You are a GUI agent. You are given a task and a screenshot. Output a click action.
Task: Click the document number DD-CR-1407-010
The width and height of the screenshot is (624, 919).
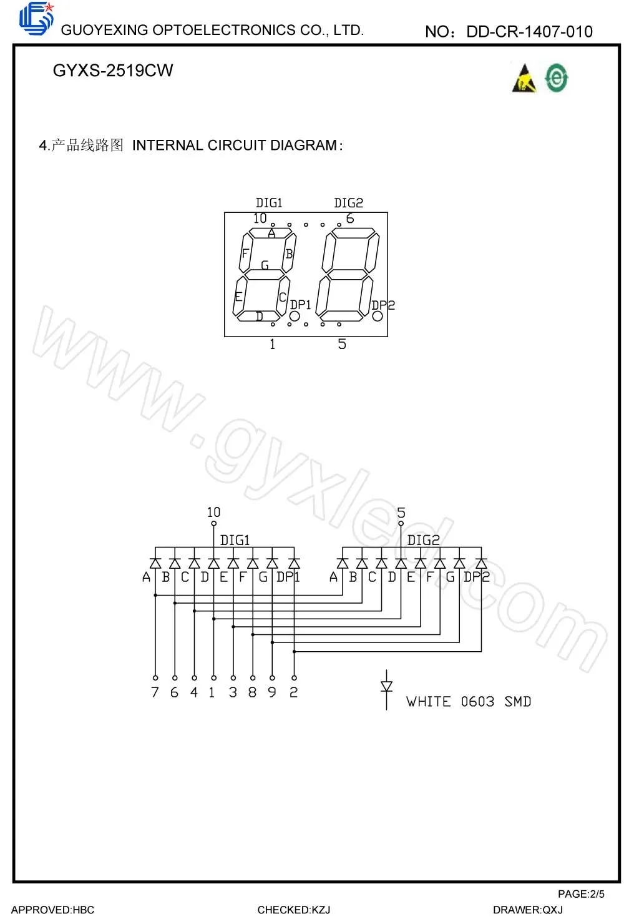[529, 31]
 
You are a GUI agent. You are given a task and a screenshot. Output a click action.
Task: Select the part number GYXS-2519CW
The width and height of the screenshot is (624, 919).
[113, 71]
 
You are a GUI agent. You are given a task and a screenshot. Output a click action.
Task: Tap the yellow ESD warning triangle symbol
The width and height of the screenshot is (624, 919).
[524, 79]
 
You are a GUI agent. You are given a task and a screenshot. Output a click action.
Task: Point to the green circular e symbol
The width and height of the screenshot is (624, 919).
[556, 78]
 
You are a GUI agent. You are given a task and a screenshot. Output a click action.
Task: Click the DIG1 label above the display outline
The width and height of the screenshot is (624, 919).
[269, 203]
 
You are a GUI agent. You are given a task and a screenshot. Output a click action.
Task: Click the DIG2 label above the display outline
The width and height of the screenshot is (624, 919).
[348, 203]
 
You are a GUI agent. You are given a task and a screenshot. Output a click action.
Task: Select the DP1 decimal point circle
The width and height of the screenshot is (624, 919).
[295, 316]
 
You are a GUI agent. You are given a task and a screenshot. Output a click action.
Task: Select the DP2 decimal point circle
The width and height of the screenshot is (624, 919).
[378, 316]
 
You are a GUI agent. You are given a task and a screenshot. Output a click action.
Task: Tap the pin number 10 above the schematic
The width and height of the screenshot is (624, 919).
[213, 512]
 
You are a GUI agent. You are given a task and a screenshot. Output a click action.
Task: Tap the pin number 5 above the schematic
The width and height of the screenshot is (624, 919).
[401, 513]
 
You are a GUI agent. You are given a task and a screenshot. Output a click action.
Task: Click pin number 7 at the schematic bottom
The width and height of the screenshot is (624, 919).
[155, 692]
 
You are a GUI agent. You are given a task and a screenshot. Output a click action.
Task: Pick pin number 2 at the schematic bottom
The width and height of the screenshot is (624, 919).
[294, 692]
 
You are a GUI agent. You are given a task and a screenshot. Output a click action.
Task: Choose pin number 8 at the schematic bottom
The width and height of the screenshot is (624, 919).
[252, 692]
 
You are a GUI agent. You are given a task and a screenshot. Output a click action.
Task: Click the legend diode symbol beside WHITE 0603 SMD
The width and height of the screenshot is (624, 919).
[386, 688]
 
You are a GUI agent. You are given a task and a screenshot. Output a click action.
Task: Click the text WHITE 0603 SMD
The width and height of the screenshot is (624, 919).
[469, 702]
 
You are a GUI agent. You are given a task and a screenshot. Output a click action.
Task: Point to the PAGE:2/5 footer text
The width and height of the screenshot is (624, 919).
[581, 894]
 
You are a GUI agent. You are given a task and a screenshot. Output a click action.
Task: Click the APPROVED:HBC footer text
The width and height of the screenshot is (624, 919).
[53, 910]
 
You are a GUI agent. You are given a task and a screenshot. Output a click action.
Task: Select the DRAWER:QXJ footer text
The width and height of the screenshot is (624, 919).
[528, 910]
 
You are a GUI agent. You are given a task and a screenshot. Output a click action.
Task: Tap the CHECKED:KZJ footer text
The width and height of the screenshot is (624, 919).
[294, 910]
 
